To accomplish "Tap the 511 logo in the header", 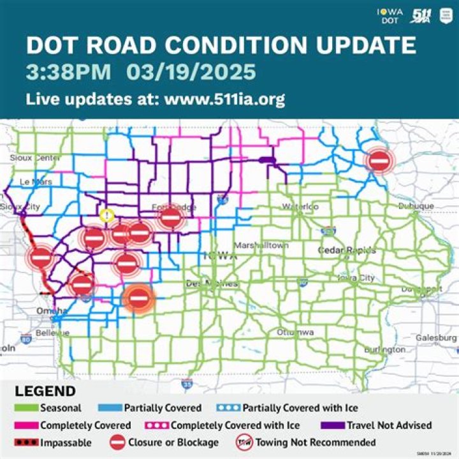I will coord(421,16).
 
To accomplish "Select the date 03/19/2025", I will coord(191,72).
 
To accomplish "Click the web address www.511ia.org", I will coord(224,99).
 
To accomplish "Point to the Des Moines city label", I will coord(212,283).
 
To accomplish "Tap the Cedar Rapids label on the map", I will coord(347,251).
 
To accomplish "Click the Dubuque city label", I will coord(416,206).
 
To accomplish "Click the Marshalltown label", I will coord(261,245).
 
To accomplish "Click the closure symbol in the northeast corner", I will coord(379,161).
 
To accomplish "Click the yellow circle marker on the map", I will coord(107,215).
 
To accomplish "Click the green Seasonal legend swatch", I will coord(26,408).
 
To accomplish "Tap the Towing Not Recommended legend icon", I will coord(243,442).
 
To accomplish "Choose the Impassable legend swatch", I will coord(26,442).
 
